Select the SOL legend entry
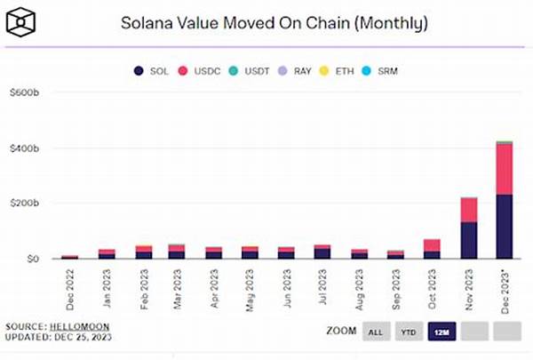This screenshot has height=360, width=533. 154,69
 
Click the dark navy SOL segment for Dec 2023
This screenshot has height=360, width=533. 504,227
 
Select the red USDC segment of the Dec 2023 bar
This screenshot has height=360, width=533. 504,169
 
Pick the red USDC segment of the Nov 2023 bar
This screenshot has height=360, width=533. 468,210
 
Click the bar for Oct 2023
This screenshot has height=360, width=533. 433,249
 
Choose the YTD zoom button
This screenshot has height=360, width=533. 408,332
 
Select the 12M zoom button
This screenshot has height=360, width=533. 442,332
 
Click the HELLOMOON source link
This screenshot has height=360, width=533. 76,327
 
